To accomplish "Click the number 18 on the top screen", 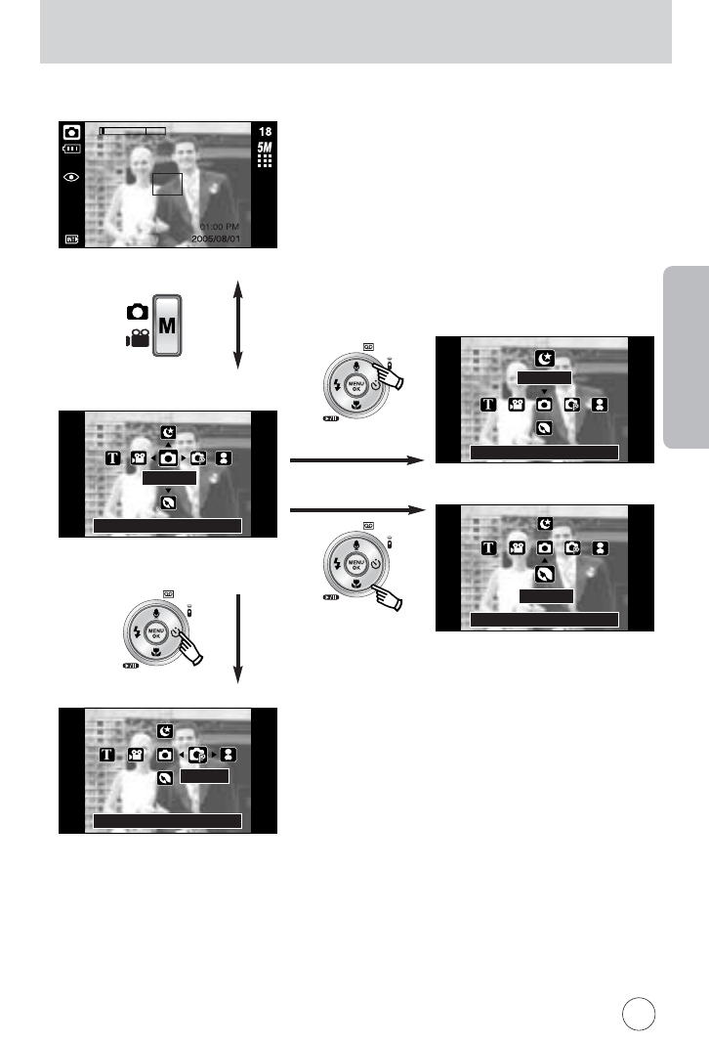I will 265,131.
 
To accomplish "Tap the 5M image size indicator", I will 265,148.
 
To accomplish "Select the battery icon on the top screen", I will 71,150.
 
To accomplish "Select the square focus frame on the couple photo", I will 168,183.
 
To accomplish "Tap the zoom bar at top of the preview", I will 133,130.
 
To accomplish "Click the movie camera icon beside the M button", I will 138,340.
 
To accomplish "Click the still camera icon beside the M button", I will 138,313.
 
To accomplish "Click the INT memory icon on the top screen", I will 71,238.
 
